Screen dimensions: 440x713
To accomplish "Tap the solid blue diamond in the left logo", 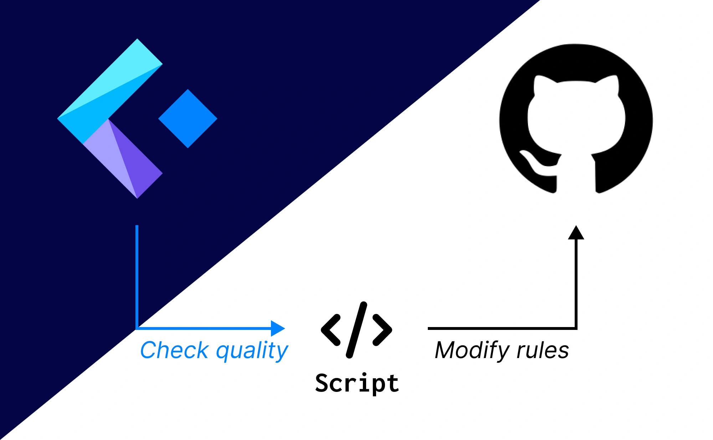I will coord(188,119).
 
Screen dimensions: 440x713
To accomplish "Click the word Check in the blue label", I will coord(174,350).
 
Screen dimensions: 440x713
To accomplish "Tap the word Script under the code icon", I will coord(357,383).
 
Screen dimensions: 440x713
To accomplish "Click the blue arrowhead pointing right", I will coord(277,328).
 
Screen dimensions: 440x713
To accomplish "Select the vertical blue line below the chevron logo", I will coord(137,274).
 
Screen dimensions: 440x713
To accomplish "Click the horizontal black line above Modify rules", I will coord(499,328).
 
